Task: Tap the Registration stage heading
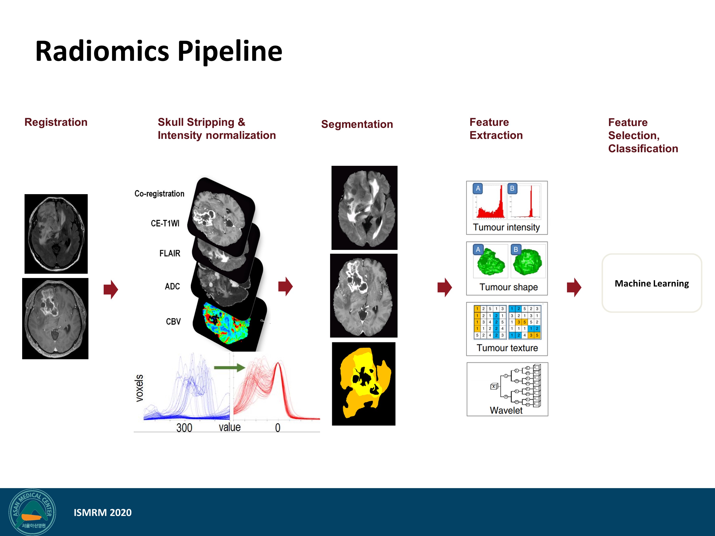[x=56, y=122]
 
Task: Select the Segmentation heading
[x=357, y=124]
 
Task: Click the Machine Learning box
[x=651, y=283]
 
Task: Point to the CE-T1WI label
[x=165, y=223]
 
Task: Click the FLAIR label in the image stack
[x=170, y=253]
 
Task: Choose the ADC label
[x=172, y=286]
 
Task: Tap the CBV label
[x=173, y=321]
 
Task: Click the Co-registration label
[x=159, y=193]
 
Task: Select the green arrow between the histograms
[x=230, y=367]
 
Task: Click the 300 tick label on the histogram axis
[x=184, y=427]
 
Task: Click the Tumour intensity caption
[x=506, y=227]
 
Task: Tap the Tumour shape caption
[x=508, y=287]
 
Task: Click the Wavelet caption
[x=506, y=410]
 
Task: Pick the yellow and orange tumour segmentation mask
[x=364, y=384]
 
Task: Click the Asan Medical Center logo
[x=32, y=512]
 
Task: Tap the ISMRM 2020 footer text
[x=102, y=512]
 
